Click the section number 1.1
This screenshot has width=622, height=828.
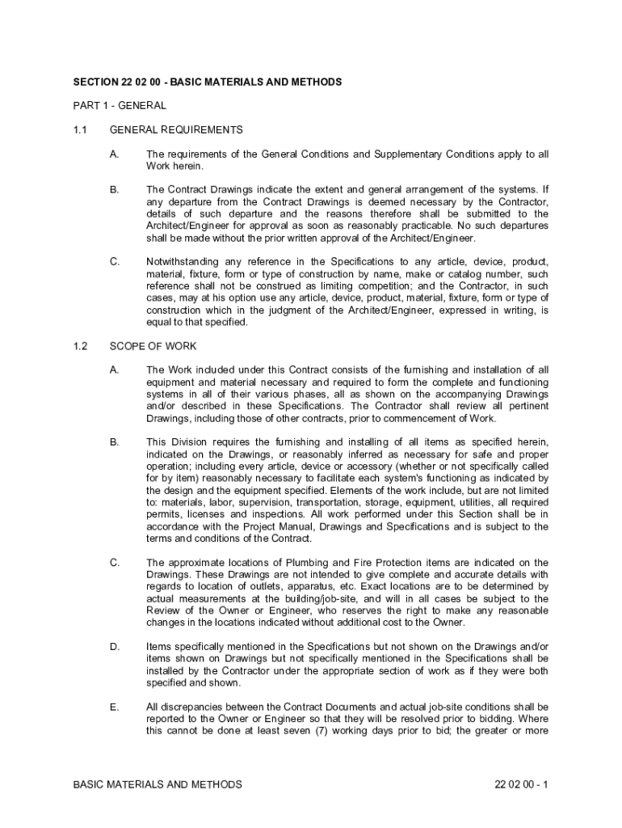click(78, 129)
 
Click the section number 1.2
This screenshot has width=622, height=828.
click(79, 346)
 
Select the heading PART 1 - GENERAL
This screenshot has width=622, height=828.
click(120, 105)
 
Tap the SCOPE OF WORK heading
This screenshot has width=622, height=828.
click(153, 346)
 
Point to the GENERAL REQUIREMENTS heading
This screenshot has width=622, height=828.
click(176, 129)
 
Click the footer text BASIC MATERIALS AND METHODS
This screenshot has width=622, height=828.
click(158, 784)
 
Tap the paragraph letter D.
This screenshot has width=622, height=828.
click(114, 647)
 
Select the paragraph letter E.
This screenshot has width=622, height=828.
click(114, 707)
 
